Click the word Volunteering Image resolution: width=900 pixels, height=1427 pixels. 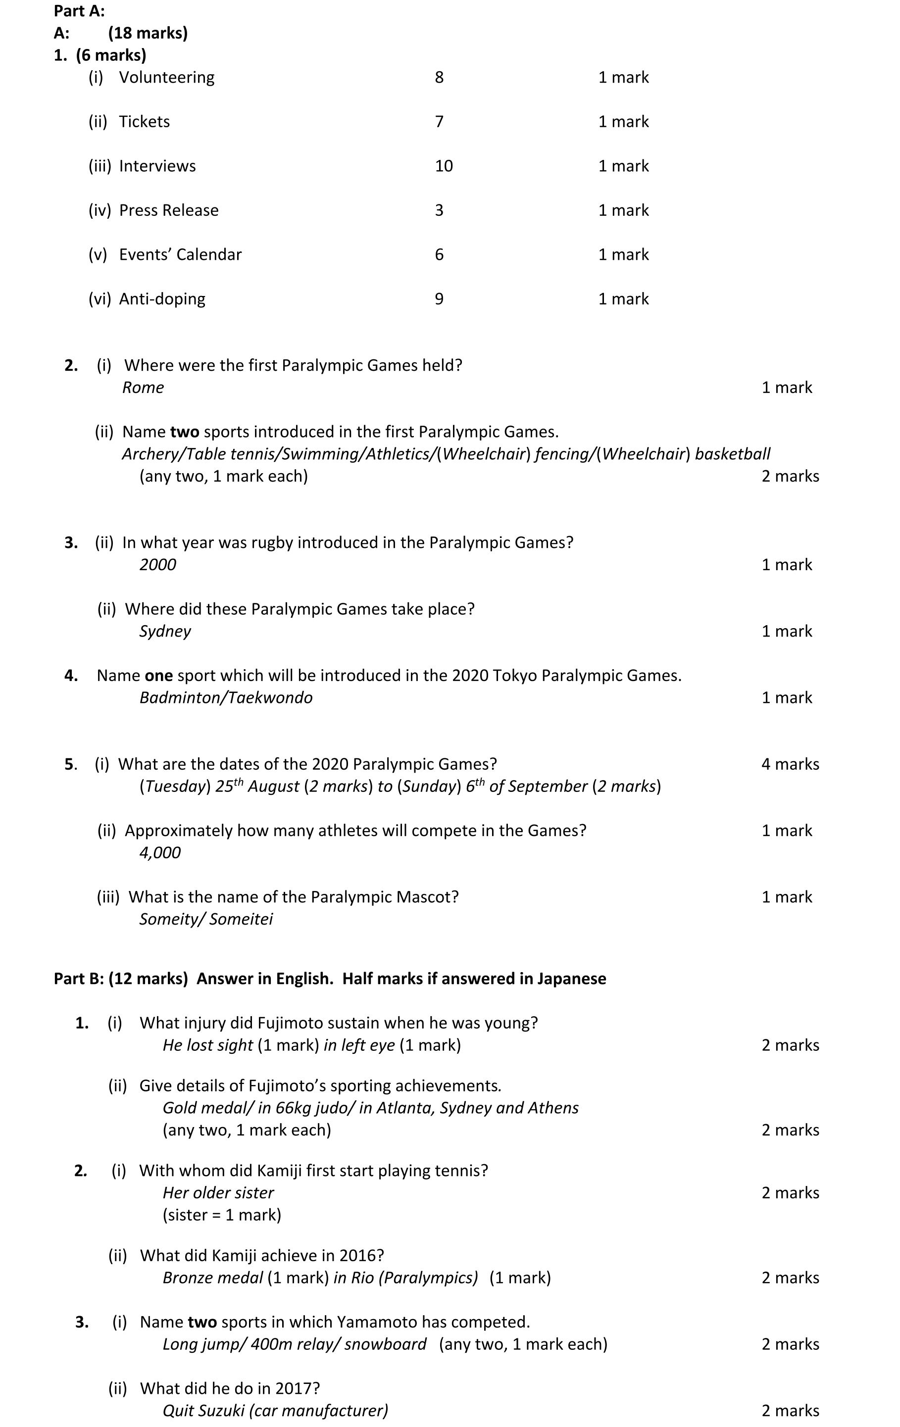(167, 78)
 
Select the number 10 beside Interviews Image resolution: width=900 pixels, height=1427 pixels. (444, 166)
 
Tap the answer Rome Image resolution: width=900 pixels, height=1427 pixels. (143, 388)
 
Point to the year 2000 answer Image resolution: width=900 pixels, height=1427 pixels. (158, 565)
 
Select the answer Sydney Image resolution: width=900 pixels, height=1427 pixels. (165, 631)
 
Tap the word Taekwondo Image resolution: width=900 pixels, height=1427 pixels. (270, 697)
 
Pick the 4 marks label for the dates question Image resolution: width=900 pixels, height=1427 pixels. (790, 764)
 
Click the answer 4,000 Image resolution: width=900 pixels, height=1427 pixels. (159, 853)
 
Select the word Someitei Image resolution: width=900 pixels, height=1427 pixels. (241, 919)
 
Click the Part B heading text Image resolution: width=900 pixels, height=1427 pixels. (330, 979)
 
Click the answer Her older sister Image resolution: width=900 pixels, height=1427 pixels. (218, 1192)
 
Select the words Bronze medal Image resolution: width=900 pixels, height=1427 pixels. (212, 1278)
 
